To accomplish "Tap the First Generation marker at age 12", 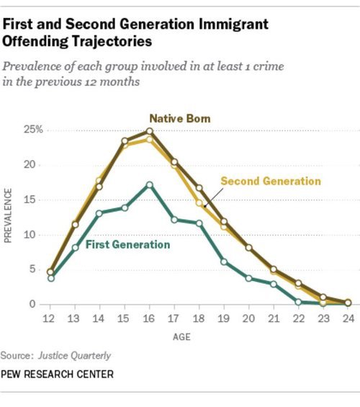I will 50,278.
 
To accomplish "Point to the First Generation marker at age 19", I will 225,261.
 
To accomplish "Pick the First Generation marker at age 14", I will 99,213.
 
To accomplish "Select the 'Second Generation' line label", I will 270,181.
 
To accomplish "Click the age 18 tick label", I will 199,319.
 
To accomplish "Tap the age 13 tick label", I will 75,319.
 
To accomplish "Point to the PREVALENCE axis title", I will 9,216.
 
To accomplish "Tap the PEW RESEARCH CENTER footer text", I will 57,375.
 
